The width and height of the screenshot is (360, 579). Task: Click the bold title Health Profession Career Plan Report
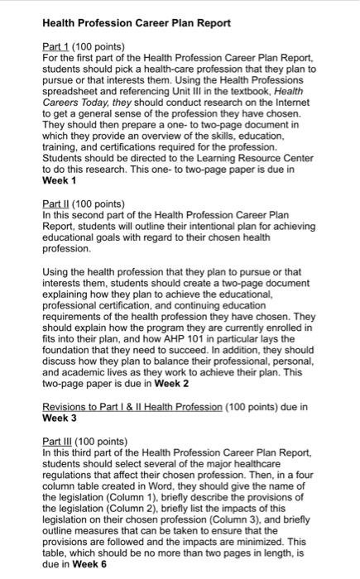137,22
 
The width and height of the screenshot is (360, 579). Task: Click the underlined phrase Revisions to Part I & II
116,407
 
